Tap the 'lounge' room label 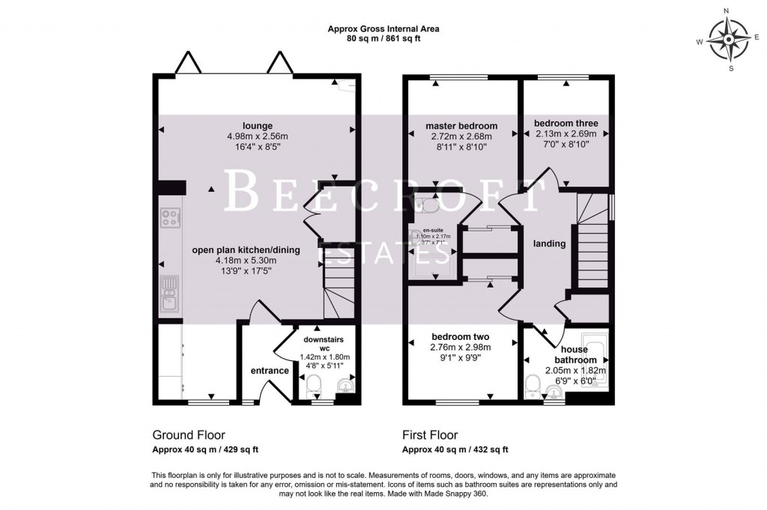point(257,125)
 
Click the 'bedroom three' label point(566,123)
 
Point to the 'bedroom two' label point(461,336)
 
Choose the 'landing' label point(549,243)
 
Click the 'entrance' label point(269,371)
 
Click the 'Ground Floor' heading point(189,435)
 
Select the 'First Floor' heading point(430,435)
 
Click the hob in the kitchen point(170,217)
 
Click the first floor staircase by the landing point(589,240)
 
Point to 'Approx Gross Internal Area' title point(383,29)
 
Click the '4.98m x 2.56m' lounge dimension point(257,136)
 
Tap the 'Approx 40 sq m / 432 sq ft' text point(455,450)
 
